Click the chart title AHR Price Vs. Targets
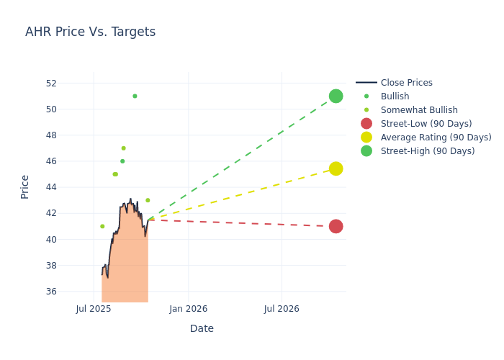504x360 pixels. click(90, 32)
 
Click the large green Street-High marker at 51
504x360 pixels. click(336, 96)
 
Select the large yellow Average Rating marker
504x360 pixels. click(336, 168)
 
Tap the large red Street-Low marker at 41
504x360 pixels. click(336, 226)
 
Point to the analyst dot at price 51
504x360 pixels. click(135, 96)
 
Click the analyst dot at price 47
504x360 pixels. click(123, 148)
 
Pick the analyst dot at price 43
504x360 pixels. click(148, 200)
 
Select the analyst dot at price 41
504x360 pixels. click(102, 226)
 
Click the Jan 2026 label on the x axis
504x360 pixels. click(188, 309)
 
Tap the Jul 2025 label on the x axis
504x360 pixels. click(94, 309)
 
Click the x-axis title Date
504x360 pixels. click(202, 328)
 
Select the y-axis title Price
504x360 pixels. click(25, 186)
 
